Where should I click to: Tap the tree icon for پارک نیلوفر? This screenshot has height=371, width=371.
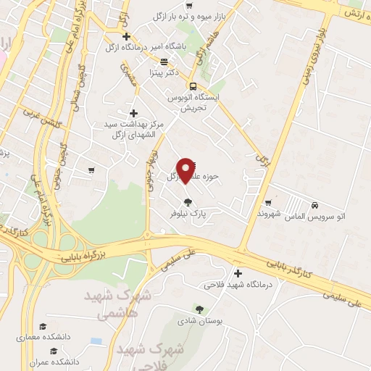(x=188, y=202)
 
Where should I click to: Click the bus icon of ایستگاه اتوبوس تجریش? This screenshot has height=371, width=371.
(x=193, y=83)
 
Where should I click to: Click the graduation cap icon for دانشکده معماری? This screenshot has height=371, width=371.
(x=43, y=326)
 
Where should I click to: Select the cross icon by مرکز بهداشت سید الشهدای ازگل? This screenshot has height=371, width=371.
(x=133, y=112)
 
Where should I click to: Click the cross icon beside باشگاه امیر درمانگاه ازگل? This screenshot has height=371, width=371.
(x=127, y=36)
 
